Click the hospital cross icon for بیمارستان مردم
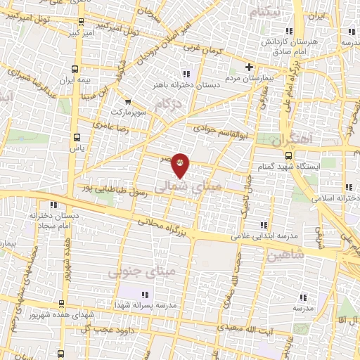(x=249, y=67)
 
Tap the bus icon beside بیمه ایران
(x=75, y=69)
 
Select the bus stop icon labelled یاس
(x=77, y=137)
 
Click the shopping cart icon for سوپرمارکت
(x=127, y=101)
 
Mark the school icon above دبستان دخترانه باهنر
(x=186, y=73)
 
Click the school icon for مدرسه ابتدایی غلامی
(x=264, y=225)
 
